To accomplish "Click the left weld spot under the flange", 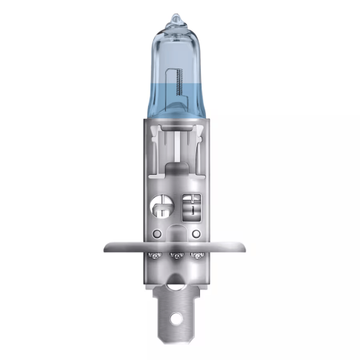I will pyautogui.click(x=156, y=257).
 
